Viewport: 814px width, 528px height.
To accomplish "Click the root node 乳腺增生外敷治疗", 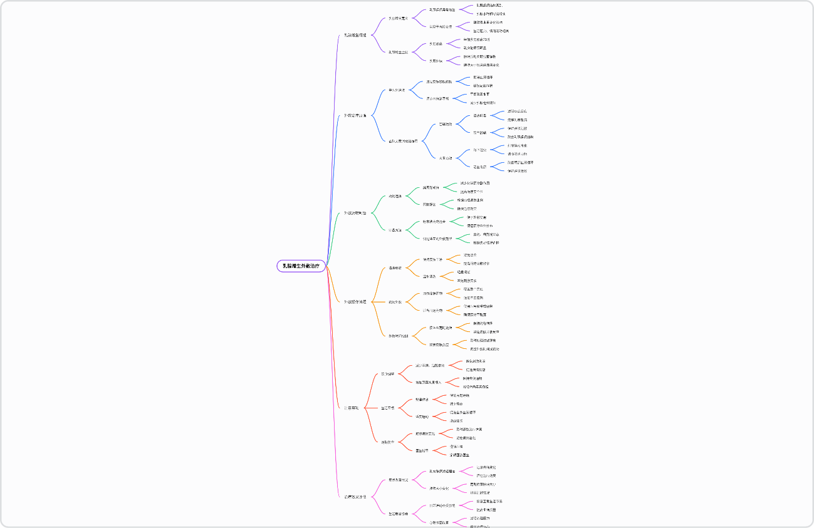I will click(x=301, y=266).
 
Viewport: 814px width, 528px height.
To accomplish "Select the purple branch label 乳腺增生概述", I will click(x=355, y=35).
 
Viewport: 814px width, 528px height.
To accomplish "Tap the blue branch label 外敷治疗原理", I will click(x=355, y=115).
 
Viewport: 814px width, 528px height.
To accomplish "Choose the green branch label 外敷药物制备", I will click(x=355, y=213).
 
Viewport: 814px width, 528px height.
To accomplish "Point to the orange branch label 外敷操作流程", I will click(x=355, y=302).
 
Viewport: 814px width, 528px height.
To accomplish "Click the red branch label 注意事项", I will click(x=351, y=408).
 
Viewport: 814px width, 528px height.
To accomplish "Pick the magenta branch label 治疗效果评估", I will click(x=355, y=497).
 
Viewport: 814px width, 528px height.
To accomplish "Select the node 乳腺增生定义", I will click(x=398, y=18).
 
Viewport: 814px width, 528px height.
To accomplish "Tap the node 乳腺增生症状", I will click(x=398, y=52).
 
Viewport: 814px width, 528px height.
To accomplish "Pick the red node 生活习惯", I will click(x=388, y=408).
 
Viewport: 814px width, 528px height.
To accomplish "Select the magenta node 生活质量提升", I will click(x=398, y=514).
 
